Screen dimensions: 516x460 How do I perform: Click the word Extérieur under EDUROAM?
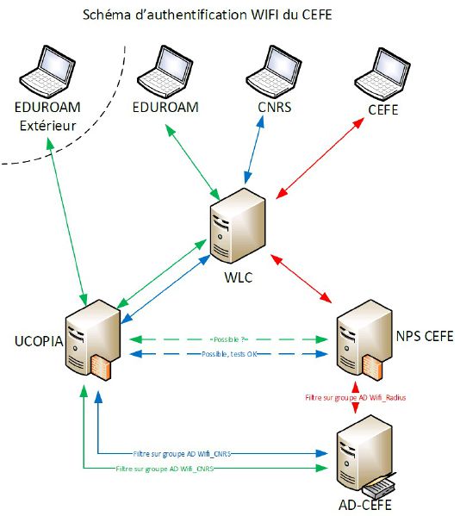pyautogui.click(x=46, y=127)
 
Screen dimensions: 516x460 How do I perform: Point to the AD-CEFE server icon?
pyautogui.click(x=357, y=452)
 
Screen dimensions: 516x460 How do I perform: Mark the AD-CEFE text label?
pyautogui.click(x=357, y=504)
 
